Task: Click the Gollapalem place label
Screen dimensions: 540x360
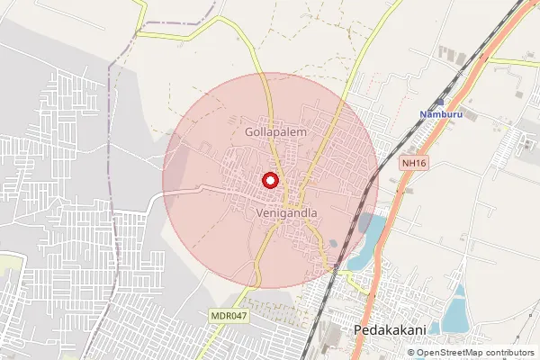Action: tap(276, 131)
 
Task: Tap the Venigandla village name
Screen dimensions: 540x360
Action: tap(287, 213)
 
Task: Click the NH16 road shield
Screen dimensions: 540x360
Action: tap(413, 163)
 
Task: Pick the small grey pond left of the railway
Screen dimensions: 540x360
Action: tap(333, 243)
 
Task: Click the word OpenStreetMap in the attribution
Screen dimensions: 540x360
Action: tap(455, 352)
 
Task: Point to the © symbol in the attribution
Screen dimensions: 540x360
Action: tap(412, 352)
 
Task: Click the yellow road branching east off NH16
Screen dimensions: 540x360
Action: tap(513, 62)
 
